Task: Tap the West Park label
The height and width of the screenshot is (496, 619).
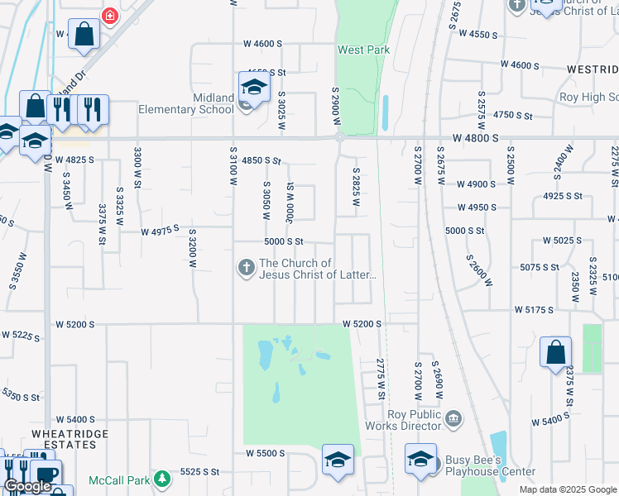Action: pos(363,50)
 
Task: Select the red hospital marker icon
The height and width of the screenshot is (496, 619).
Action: pos(109,16)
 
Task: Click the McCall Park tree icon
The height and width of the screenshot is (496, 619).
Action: pos(164,479)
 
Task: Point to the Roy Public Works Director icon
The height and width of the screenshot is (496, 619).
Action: pos(453,420)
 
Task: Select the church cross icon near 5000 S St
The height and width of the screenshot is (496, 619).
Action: pos(245,267)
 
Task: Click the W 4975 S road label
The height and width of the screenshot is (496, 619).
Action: pos(160,231)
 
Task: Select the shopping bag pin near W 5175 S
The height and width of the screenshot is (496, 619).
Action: pos(555,351)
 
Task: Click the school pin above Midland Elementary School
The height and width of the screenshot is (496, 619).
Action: pos(254,86)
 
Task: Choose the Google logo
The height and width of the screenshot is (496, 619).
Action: pos(27,486)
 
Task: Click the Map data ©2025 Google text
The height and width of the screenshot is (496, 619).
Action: pos(568,489)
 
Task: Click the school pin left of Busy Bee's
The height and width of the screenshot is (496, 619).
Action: pos(420,458)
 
